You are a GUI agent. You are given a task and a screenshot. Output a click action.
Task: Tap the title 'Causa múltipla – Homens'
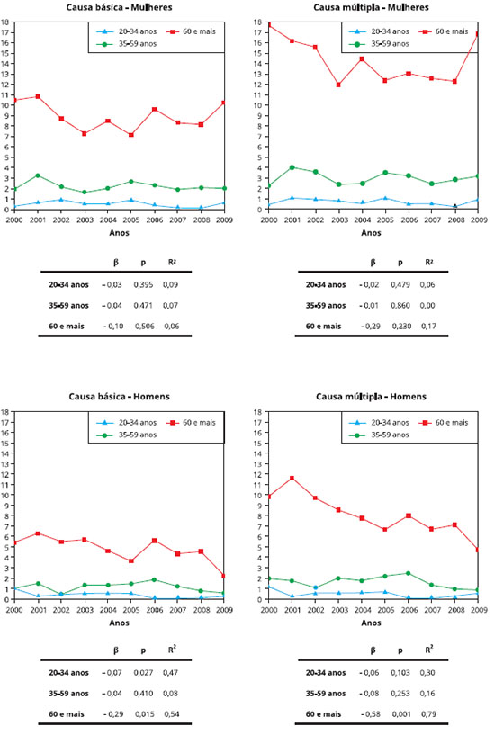pos(371,397)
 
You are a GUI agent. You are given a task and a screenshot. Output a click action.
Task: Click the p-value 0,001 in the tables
pos(400,714)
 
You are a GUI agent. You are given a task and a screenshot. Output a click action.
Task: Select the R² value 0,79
pos(428,714)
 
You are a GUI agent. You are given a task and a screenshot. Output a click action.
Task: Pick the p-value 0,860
pos(400,305)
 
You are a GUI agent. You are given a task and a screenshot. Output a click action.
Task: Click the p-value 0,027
pos(143,672)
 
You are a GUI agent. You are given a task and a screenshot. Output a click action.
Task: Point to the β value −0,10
pos(113,326)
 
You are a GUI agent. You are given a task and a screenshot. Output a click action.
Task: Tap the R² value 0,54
pos(171,714)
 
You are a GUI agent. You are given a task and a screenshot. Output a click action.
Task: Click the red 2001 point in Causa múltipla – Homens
pos(292,478)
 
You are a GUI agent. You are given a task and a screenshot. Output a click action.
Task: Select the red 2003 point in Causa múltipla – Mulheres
pos(338,85)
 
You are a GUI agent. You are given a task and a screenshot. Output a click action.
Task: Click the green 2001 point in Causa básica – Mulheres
pos(38,175)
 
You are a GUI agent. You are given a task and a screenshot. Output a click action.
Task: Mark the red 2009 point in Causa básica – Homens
pos(223,576)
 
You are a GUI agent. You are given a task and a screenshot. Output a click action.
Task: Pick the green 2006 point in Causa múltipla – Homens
pos(409,573)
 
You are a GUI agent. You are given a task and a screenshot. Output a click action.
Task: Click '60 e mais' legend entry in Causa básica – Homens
pos(193,422)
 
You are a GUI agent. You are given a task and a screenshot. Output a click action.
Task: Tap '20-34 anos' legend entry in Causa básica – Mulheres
pos(127,31)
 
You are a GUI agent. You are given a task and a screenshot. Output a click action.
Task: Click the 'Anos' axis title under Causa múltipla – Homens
pos(371,623)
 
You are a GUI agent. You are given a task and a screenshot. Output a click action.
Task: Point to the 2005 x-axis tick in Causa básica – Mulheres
pos(131,220)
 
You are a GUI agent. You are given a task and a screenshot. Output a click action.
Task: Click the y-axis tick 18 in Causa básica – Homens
pos(4,411)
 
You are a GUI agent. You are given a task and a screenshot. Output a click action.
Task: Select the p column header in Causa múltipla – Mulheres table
pos(400,263)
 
